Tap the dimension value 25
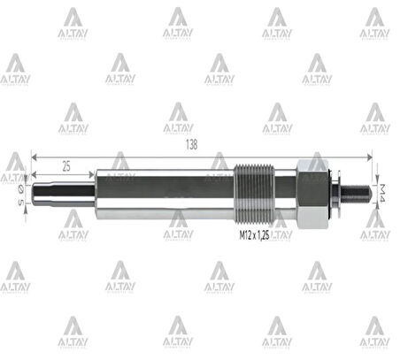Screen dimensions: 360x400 coord(65,165)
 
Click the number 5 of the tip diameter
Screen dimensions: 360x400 coord(19,203)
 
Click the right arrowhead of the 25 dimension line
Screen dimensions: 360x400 coord(93,176)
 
